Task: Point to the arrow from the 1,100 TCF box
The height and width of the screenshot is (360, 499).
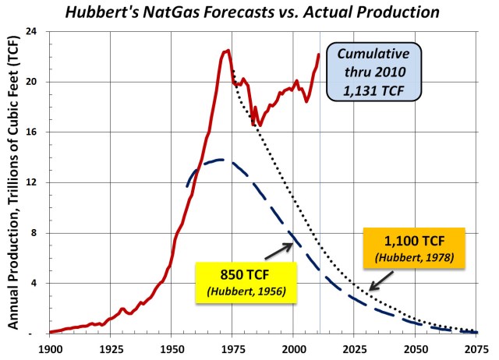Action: (x=382, y=279)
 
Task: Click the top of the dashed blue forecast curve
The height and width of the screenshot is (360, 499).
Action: (x=221, y=160)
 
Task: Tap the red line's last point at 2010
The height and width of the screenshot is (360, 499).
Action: (x=319, y=55)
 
